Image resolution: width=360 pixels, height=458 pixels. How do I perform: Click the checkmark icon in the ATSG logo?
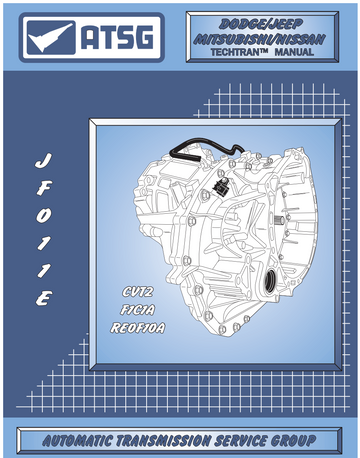[51, 38]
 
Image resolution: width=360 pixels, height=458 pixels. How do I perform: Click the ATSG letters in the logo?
[117, 37]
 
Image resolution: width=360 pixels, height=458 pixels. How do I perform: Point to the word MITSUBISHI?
[234, 40]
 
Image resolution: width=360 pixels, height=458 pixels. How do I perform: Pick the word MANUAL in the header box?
[294, 52]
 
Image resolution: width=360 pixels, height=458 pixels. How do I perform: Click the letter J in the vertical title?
[43, 162]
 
